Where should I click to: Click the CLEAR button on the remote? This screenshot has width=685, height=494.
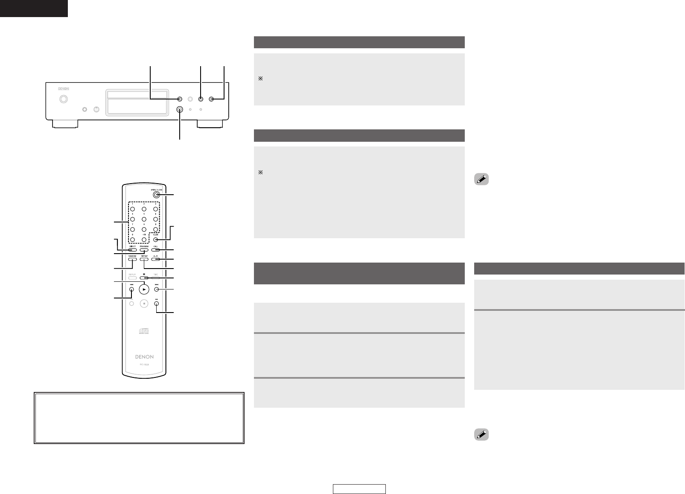pyautogui.click(x=156, y=240)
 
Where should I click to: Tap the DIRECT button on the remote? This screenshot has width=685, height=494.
pyautogui.click(x=132, y=249)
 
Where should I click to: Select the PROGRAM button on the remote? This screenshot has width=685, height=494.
pyautogui.click(x=144, y=249)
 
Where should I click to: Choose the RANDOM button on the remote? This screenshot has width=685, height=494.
pyautogui.click(x=132, y=259)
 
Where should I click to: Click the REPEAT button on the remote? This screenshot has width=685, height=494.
pyautogui.click(x=144, y=259)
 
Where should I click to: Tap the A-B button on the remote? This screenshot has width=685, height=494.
pyautogui.click(x=156, y=259)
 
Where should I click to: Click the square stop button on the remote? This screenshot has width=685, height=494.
pyautogui.click(x=144, y=304)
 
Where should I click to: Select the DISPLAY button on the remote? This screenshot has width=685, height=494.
pyautogui.click(x=132, y=278)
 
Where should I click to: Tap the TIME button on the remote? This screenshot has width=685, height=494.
pyautogui.click(x=156, y=278)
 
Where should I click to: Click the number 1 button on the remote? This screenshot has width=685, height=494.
pyautogui.click(x=132, y=209)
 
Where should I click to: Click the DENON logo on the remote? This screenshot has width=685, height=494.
pyautogui.click(x=144, y=357)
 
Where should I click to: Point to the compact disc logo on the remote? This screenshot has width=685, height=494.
pyautogui.click(x=144, y=332)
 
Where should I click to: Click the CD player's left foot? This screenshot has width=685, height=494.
pyautogui.click(x=65, y=124)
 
